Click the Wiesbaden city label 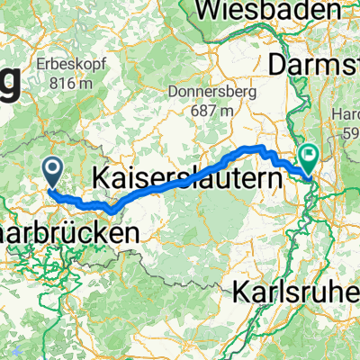(274, 12)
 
